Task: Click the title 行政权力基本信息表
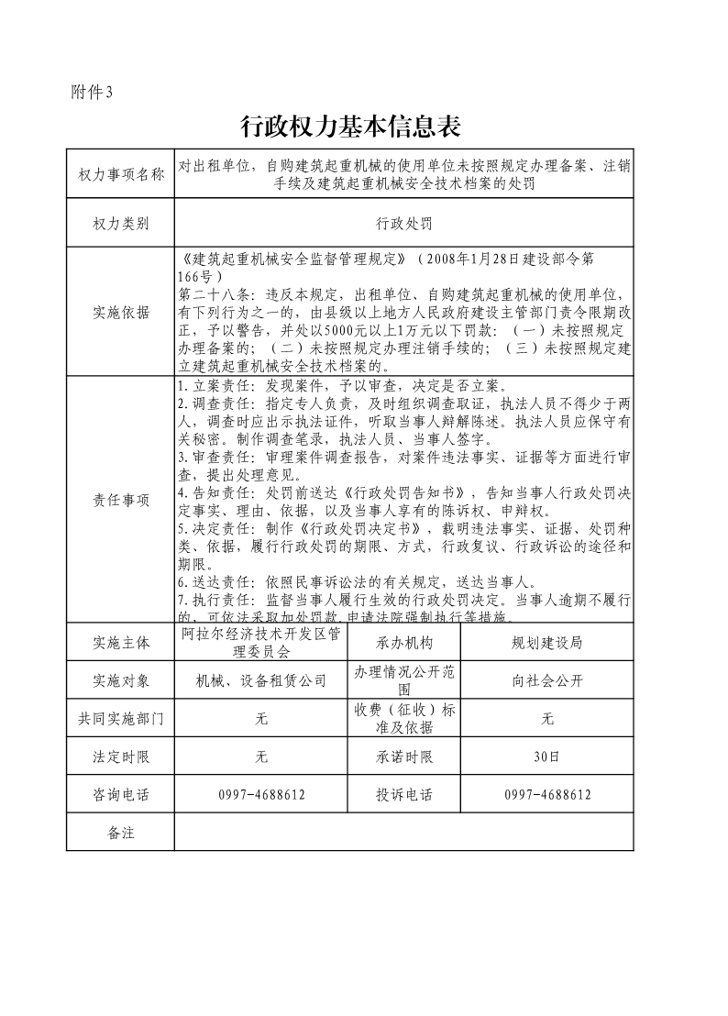point(349,127)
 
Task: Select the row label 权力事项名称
point(121,174)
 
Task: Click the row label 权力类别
point(121,223)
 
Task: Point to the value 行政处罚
point(403,223)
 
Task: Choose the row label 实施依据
point(121,312)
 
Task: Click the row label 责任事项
point(121,500)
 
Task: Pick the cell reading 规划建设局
point(546,643)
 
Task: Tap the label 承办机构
point(403,643)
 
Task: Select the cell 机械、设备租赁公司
point(261,680)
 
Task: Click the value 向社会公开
point(546,680)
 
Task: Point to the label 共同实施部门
point(121,719)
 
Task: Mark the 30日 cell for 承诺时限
point(546,756)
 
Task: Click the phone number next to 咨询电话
point(261,794)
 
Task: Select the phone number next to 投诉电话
point(546,794)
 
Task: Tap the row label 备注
point(121,832)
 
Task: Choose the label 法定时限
point(121,756)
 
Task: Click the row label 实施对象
point(121,680)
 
